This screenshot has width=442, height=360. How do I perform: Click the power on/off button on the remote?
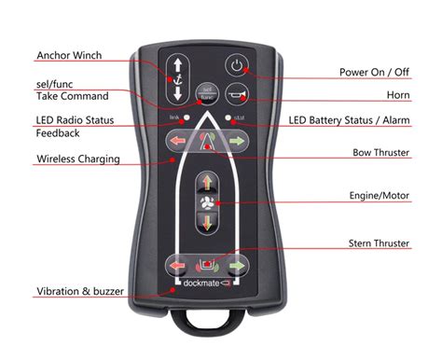[x=237, y=67]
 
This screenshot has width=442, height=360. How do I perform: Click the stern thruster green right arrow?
[x=238, y=265]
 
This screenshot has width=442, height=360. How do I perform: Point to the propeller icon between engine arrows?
[x=207, y=202]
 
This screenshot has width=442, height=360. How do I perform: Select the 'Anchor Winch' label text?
[x=68, y=54]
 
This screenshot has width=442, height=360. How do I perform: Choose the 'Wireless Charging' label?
[x=77, y=159]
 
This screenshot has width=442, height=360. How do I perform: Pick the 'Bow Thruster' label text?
[x=380, y=151]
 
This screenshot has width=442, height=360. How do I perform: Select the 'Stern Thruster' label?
[x=378, y=242]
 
